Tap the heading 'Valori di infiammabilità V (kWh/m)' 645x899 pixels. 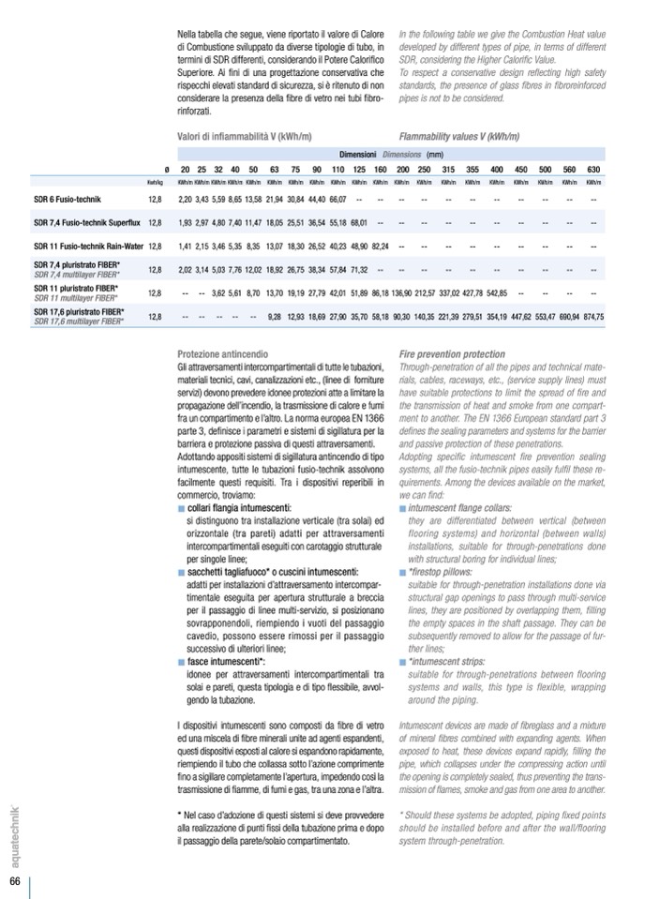(245, 136)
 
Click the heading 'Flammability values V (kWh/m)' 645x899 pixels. (459, 136)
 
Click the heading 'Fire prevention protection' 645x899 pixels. (452, 354)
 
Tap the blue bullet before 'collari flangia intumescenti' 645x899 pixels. (181, 508)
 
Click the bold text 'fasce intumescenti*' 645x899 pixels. (226, 661)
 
